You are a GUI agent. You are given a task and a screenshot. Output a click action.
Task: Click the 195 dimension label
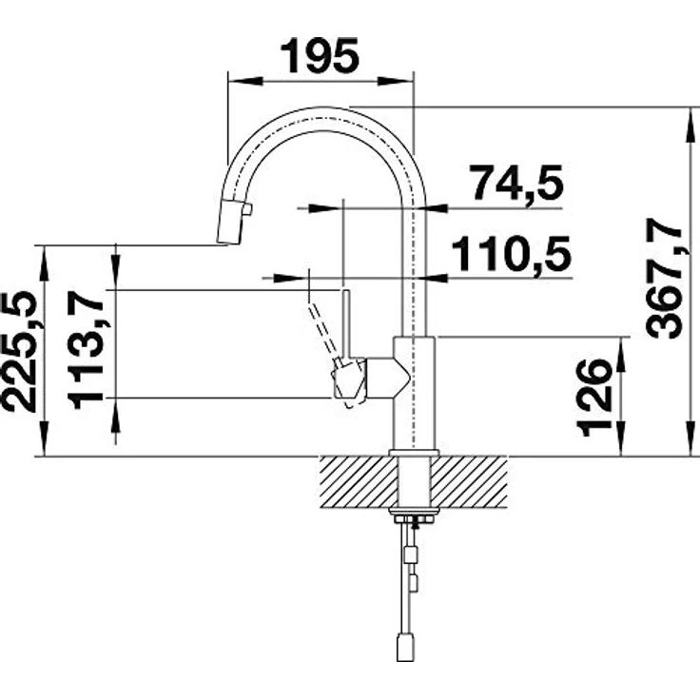(x=320, y=56)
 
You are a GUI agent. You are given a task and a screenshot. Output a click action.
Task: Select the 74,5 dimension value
(x=517, y=183)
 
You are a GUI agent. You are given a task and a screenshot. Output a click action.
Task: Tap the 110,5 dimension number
(x=512, y=253)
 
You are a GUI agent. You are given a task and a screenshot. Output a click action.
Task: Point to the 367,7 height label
(x=665, y=278)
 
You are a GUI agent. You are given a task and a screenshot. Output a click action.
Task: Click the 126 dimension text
(x=593, y=398)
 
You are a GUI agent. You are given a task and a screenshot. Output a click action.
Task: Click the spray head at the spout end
(x=230, y=221)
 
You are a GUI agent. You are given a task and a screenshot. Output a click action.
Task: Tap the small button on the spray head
(x=248, y=209)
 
